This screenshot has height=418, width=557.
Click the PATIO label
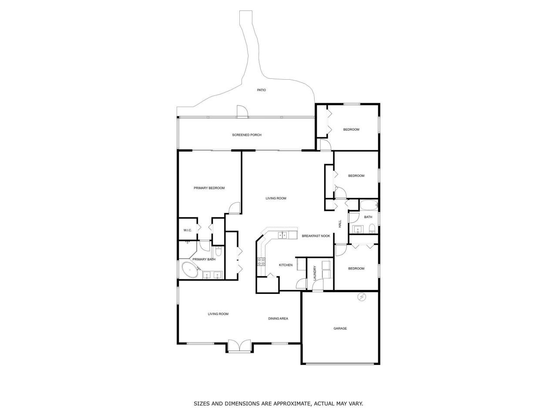[261, 90]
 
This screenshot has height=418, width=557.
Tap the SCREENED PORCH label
[247, 135]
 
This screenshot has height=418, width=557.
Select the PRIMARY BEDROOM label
[209, 188]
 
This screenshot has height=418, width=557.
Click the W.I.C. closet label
[188, 230]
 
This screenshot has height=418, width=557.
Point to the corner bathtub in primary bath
[190, 270]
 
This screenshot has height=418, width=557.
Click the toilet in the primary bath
[218, 251]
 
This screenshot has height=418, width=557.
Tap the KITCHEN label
[285, 265]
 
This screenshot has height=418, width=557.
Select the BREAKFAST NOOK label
[316, 236]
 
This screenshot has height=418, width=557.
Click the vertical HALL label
[340, 224]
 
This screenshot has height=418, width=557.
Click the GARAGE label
[340, 328]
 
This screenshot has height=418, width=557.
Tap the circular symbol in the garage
[361, 297]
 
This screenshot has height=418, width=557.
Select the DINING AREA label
[278, 319]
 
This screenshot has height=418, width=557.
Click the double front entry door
[239, 346]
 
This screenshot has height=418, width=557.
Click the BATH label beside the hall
[368, 217]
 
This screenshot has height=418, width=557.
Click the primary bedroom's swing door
[235, 208]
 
